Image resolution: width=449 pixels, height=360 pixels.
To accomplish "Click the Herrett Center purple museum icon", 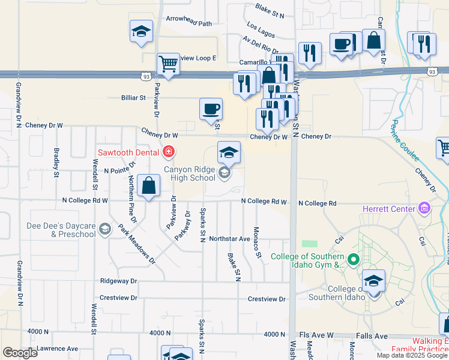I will [424, 209].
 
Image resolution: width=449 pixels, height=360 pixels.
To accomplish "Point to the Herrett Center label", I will [388, 209].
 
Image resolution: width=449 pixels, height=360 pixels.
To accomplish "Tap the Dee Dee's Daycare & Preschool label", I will [61, 230].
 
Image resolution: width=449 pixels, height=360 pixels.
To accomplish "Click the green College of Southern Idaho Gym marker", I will [354, 260].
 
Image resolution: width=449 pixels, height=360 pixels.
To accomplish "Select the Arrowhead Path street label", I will [189, 24].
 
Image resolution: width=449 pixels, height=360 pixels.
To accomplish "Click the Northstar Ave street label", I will [229, 239].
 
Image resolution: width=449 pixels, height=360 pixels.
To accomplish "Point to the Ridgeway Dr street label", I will [119, 280].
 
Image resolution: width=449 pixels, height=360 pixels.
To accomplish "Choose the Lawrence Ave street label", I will [57, 348].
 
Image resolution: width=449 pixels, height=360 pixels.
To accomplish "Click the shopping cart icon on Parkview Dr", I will [168, 64].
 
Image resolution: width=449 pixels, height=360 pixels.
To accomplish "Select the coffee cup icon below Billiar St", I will [211, 109].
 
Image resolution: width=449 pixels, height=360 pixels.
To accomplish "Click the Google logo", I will [20, 353].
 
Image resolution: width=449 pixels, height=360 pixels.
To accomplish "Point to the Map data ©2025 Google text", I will [412, 355].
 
